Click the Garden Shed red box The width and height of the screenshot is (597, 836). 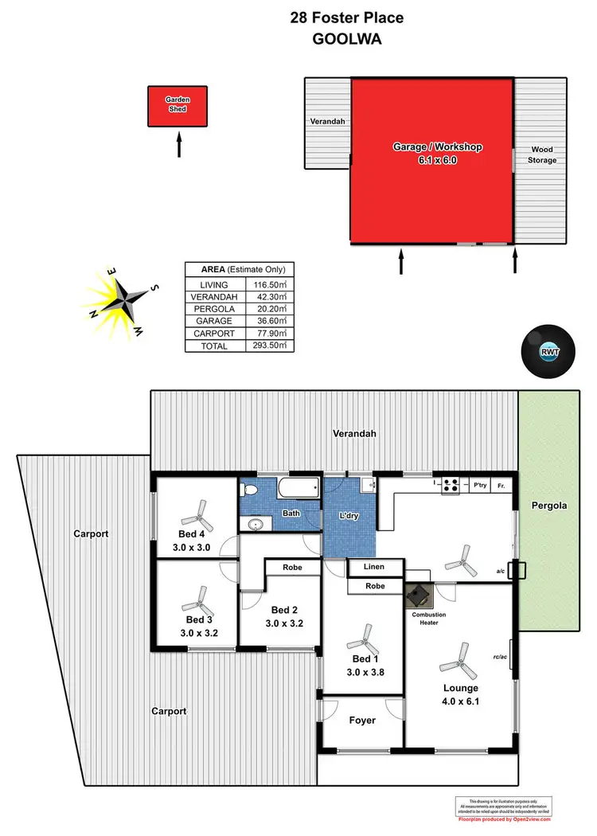pyautogui.click(x=178, y=106)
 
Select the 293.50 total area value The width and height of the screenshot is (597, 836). pyautogui.click(x=270, y=346)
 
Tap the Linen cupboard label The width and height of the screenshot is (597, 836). pyautogui.click(x=373, y=567)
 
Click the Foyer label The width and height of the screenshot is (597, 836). pyautogui.click(x=362, y=721)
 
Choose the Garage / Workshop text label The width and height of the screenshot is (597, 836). pyautogui.click(x=438, y=146)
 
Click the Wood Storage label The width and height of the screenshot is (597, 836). pyautogui.click(x=542, y=154)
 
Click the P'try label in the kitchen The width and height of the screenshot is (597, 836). pyautogui.click(x=479, y=485)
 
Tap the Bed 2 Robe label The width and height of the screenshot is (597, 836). pyautogui.click(x=291, y=568)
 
